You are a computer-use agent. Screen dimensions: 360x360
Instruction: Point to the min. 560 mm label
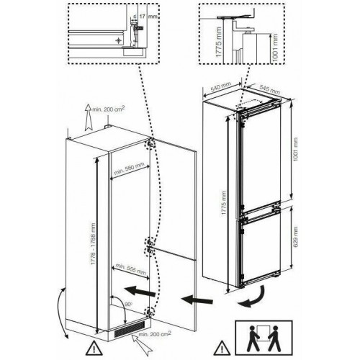pos(130,171)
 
